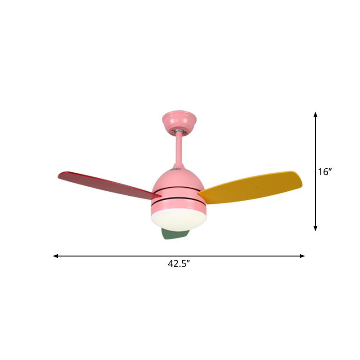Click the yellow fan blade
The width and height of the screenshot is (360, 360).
click(x=252, y=185)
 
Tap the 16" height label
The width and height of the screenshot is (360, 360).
click(x=324, y=171)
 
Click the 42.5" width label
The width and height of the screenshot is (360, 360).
click(x=179, y=264)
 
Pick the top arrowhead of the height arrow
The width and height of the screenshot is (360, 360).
click(x=316, y=114)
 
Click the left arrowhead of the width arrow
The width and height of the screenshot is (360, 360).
click(x=55, y=256)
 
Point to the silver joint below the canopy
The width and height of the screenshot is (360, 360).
click(x=179, y=130)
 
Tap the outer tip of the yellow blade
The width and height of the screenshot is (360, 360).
click(x=300, y=178)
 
